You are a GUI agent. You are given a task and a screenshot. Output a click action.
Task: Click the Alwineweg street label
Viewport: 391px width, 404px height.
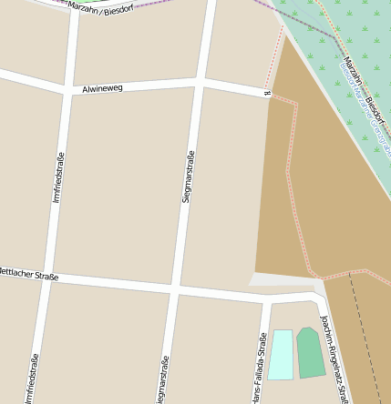coord(103,89)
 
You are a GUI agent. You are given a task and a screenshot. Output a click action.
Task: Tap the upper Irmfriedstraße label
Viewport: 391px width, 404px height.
coord(59,177)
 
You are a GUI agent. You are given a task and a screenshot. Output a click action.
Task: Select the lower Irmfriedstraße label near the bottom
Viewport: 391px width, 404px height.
coord(32,378)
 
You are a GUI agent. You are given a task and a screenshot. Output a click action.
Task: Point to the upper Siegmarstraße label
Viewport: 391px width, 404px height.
coord(188,175)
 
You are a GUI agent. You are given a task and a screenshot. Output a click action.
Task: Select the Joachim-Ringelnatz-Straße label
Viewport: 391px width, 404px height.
coord(334,358)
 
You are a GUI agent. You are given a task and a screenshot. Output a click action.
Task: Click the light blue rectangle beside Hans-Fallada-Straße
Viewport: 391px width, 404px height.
coord(281,354)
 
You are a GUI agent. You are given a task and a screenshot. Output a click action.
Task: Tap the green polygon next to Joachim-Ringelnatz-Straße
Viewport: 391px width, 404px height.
coord(310,352)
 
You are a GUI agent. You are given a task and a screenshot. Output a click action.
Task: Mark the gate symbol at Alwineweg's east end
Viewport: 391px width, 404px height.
coord(267,96)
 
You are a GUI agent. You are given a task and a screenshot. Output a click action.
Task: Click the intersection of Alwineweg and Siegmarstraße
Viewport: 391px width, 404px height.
coord(200,84)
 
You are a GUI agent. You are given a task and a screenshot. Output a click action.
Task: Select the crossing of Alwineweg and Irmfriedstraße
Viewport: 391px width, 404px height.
coord(68,90)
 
